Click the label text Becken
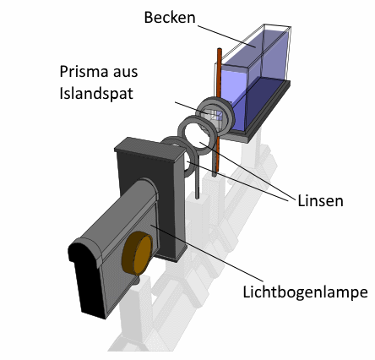click(x=170, y=17)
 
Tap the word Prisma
click(x=84, y=72)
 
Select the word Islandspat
click(x=96, y=93)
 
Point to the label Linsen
click(x=320, y=201)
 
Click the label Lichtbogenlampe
click(x=306, y=292)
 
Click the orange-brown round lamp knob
click(x=138, y=254)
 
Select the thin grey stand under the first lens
click(x=197, y=181)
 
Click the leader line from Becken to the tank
click(x=226, y=37)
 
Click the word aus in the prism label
click(x=126, y=73)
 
